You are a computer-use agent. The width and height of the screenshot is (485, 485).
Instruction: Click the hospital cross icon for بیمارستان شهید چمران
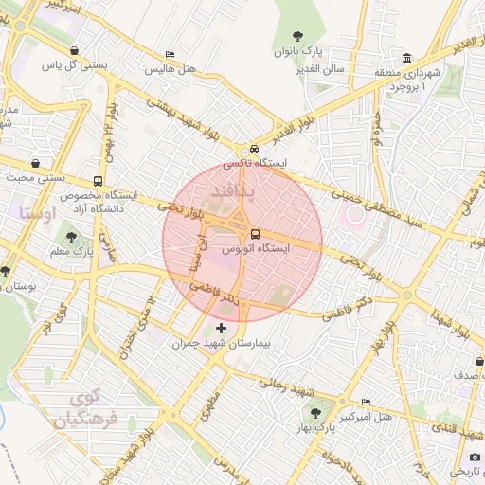point(222,328)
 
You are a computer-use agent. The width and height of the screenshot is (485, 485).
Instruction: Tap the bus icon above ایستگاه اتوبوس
point(255,234)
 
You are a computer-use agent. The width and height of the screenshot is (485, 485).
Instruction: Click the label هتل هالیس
point(170,69)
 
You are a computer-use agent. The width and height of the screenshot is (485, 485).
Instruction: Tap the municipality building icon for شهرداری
point(406,57)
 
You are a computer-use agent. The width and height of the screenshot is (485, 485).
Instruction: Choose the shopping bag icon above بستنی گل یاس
point(75,51)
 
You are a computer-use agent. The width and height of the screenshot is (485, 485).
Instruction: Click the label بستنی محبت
point(36,177)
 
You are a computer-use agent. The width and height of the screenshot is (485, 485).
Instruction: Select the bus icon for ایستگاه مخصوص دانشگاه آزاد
point(99,182)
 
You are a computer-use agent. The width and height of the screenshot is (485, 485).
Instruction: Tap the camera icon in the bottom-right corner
point(475,458)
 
